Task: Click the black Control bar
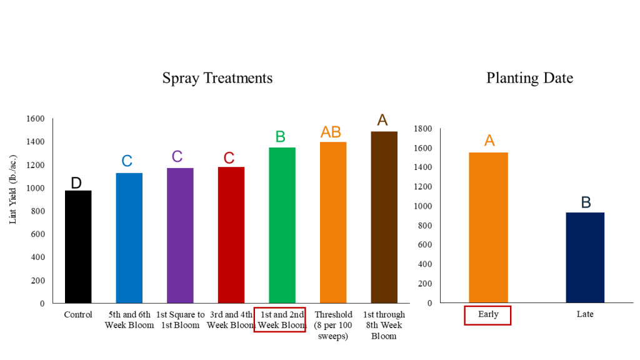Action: point(78,247)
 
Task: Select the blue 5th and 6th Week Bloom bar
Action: point(129,238)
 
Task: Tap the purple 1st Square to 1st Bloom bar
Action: point(180,236)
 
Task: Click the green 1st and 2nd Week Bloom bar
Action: point(282,225)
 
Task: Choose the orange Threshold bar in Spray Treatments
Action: point(332,222)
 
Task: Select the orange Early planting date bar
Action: point(488,227)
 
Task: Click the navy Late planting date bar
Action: point(585,257)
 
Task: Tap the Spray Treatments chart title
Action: point(217,78)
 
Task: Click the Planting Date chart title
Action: point(529,78)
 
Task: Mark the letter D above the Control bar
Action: point(76,182)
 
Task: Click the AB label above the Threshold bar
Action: point(331,132)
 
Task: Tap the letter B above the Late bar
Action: point(586,202)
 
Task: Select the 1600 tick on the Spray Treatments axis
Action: point(35,119)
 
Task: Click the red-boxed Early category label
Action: point(488,314)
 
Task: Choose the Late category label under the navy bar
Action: point(585,314)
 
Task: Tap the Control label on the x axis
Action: point(78,315)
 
